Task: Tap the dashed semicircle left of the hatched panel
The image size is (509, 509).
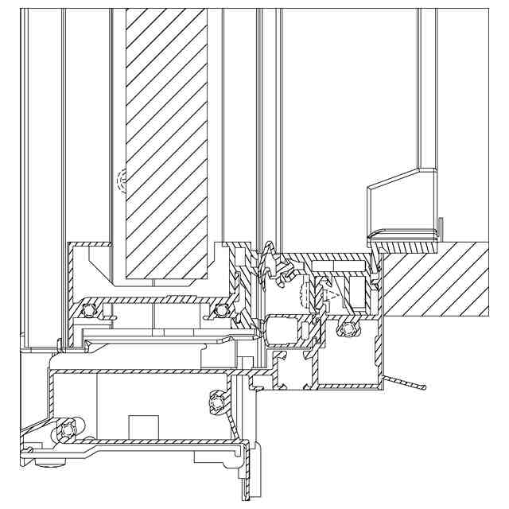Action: point(121,182)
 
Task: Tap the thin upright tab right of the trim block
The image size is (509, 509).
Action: point(439,227)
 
